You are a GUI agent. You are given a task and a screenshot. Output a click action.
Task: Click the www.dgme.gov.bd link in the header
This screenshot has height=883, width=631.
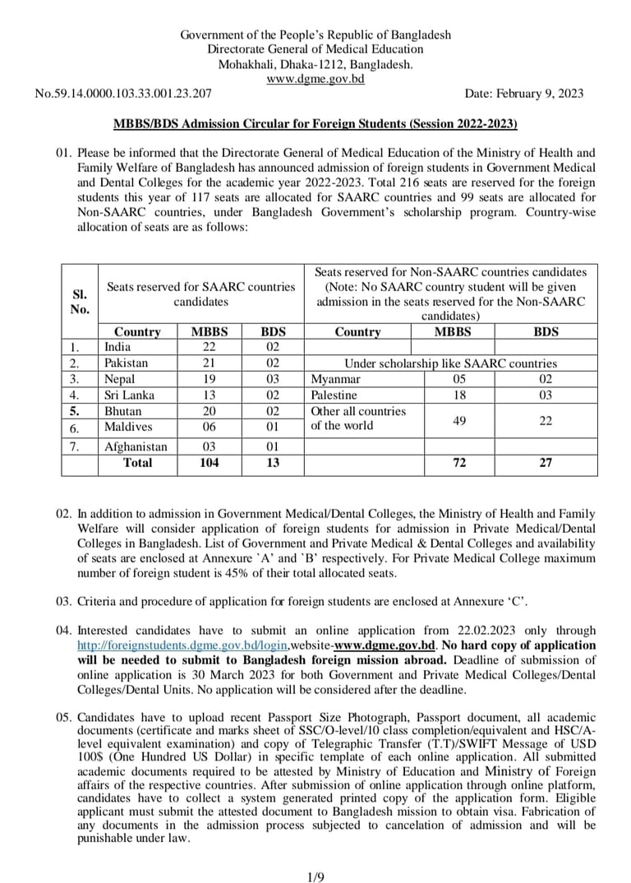tap(315, 79)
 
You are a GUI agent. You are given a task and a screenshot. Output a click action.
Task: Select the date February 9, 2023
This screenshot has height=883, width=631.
tap(524, 94)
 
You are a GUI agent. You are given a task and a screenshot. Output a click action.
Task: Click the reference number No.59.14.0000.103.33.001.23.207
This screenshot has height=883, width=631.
tap(122, 94)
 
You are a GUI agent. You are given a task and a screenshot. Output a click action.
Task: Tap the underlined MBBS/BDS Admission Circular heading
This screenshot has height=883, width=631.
tap(315, 123)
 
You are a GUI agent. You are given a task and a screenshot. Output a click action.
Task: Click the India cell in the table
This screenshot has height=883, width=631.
tap(117, 347)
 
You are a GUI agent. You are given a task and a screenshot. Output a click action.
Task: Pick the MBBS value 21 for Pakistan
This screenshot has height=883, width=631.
tap(209, 363)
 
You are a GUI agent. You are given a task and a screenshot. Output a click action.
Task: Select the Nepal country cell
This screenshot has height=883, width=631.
tap(119, 379)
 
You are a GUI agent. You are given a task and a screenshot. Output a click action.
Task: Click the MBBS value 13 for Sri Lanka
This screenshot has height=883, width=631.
tap(209, 395)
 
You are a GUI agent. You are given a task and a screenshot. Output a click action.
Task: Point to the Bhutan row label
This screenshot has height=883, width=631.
tap(122, 411)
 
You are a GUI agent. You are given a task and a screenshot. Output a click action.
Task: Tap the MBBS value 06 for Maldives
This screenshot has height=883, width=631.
tap(209, 427)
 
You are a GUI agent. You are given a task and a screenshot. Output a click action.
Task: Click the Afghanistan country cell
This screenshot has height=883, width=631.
tap(136, 446)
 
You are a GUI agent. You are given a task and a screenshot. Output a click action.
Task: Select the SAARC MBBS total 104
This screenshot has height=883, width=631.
tap(209, 463)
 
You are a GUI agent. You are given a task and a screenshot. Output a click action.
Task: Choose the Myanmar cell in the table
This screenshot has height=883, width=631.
tap(335, 379)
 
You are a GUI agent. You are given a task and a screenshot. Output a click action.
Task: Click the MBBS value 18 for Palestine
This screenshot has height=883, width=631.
tap(459, 395)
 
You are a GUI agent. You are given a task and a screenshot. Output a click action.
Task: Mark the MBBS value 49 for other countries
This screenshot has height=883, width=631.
tap(459, 420)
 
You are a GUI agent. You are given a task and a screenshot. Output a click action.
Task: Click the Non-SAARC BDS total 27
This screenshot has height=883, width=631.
tap(546, 463)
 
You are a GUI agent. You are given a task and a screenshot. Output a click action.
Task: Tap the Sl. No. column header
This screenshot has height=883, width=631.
tap(80, 302)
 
